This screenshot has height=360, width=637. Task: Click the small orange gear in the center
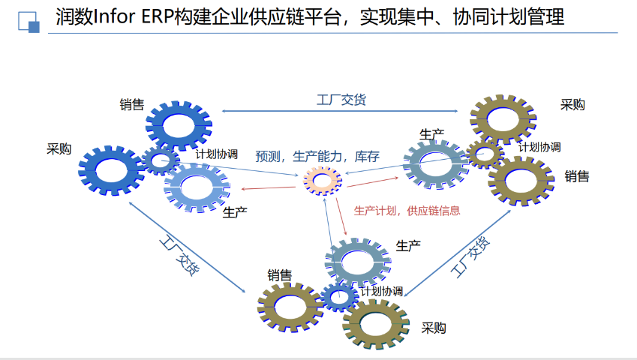pos(322,180)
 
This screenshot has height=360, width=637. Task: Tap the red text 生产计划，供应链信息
pos(407,211)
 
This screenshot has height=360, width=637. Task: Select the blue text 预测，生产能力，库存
pos(317,157)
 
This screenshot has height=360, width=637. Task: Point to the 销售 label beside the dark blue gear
pos(131,104)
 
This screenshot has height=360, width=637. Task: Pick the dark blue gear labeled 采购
pos(111,172)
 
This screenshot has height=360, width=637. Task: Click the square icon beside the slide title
pos(29,22)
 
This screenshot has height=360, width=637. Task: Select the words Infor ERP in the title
pos(124,17)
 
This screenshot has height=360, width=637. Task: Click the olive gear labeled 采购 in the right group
pos(503,118)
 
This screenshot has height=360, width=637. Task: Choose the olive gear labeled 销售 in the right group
pos(521,181)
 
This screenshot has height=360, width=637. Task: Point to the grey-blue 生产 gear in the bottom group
pos(358,260)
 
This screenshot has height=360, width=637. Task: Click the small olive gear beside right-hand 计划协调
pos(485,154)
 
